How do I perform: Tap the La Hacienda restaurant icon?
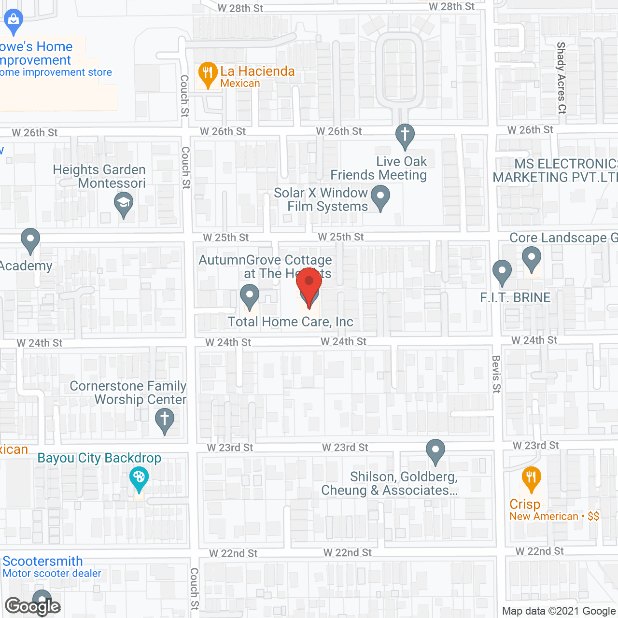pos(208,74)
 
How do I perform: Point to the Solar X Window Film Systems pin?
pos(380,197)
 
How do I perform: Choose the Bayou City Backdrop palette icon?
pos(139,478)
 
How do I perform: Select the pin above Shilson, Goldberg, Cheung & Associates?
pos(435,450)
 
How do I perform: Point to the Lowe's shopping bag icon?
pos(14,21)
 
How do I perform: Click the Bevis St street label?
pos(496,374)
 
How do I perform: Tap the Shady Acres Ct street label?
pos(561,77)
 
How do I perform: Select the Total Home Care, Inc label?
pos(290,322)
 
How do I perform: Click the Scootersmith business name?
pos(43,561)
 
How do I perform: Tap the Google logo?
pos(33,606)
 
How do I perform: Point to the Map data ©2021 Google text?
pos(559,611)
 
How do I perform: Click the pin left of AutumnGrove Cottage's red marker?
pos(249,295)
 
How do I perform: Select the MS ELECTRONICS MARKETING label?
pos(555,171)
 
